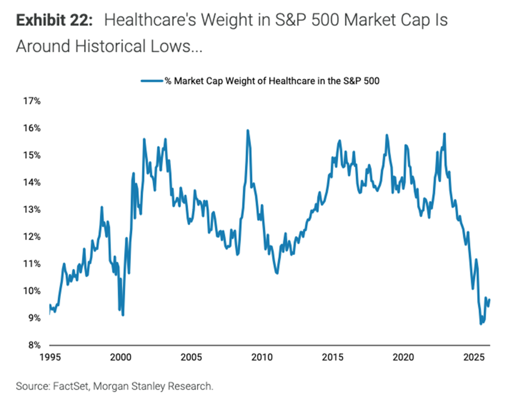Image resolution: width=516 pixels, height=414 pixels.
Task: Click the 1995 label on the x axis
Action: coord(50,357)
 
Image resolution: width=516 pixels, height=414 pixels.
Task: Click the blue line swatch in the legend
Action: coord(152,81)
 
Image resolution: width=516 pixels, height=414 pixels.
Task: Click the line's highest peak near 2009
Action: coord(247,130)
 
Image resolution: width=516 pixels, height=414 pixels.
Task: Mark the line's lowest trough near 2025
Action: coord(481,324)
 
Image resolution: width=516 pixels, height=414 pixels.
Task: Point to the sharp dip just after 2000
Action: coord(123,315)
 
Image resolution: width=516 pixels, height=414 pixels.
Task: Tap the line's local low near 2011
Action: coord(277,273)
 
